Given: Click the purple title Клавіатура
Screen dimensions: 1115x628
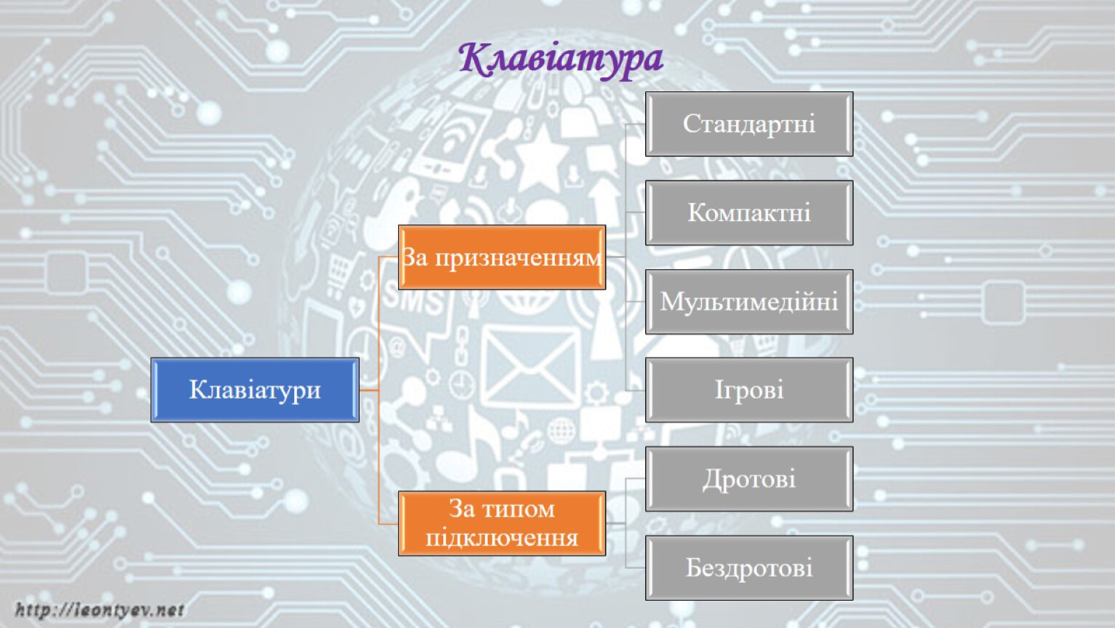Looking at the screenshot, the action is [x=561, y=59].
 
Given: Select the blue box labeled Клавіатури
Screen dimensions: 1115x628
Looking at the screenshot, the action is [x=255, y=390].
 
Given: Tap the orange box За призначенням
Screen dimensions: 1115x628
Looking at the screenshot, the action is [x=502, y=257].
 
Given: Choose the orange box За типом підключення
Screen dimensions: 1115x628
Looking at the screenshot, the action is [x=502, y=523].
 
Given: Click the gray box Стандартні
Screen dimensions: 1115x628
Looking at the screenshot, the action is [x=749, y=124].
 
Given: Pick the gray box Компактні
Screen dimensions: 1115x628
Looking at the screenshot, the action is [x=749, y=212].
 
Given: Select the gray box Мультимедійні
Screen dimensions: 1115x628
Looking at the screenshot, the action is [x=749, y=302].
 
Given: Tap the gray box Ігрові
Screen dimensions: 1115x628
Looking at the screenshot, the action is [x=749, y=390].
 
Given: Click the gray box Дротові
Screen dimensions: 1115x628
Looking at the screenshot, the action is [x=749, y=479].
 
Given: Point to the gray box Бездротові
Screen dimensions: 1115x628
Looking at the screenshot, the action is [x=749, y=568].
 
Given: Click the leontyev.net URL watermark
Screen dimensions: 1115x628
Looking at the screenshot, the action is [x=100, y=610].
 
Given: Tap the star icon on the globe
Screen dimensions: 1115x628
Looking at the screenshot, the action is [x=542, y=158].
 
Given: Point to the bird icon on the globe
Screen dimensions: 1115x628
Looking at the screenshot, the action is [x=393, y=209].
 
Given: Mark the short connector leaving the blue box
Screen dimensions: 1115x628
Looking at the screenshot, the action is [x=369, y=390].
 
